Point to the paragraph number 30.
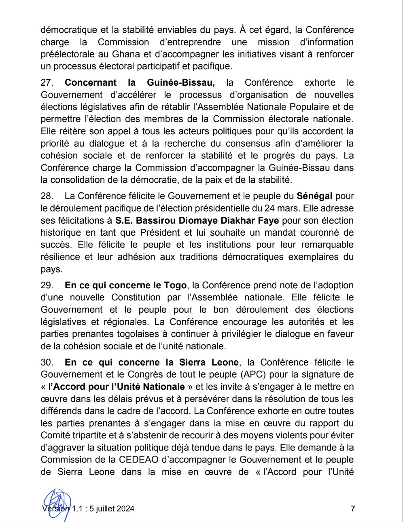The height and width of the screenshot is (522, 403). pyautogui.click(x=47, y=362)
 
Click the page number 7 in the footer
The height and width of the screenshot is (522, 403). pyautogui.click(x=353, y=509)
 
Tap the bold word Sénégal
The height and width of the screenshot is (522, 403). pyautogui.click(x=314, y=196)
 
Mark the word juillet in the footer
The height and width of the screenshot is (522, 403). pyautogui.click(x=109, y=509)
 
